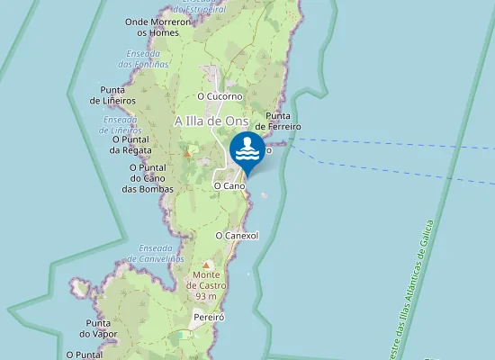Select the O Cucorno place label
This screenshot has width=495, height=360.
(x=220, y=96)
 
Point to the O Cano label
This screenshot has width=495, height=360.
(x=229, y=185)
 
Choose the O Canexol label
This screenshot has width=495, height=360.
(x=238, y=236)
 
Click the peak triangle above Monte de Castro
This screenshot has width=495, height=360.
(x=206, y=265)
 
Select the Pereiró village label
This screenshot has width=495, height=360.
(x=207, y=318)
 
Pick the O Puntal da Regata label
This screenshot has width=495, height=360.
(x=130, y=145)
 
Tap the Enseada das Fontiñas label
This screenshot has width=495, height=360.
(x=144, y=58)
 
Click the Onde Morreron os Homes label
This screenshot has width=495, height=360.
(x=157, y=27)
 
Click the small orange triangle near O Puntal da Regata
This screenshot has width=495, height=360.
(x=187, y=153)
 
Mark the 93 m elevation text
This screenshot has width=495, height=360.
(x=206, y=297)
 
